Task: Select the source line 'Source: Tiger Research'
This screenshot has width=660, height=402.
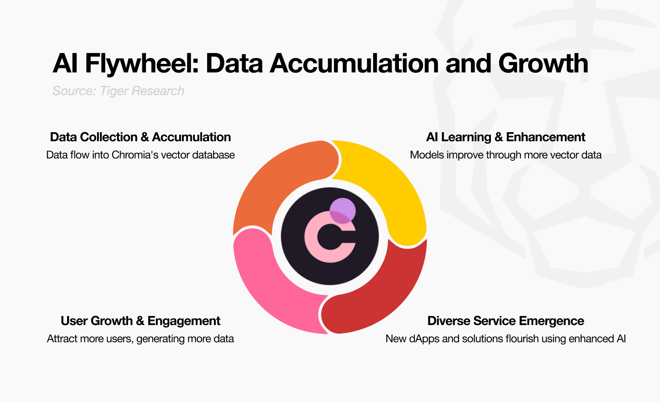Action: (118, 91)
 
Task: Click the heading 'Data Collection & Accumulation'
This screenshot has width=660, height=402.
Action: (141, 137)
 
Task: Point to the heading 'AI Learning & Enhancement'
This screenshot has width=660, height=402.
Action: (505, 137)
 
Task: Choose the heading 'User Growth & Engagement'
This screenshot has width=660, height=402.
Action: (141, 321)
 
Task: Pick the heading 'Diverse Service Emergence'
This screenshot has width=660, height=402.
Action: (505, 321)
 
